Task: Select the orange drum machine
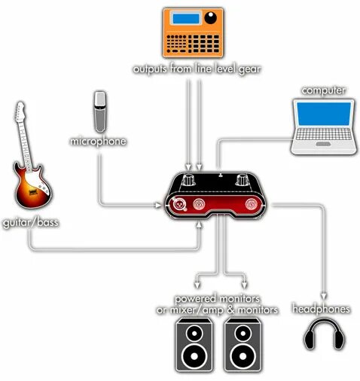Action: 193,33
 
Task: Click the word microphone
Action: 98,141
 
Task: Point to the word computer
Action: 323,91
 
